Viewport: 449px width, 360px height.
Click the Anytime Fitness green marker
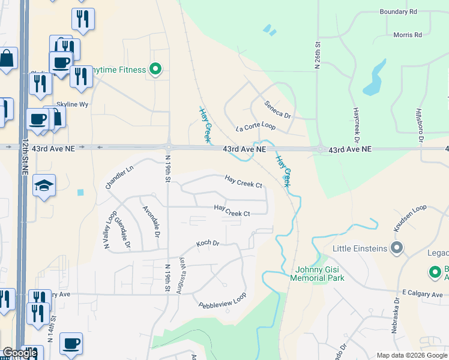(155, 70)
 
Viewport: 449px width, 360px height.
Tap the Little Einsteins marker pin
(396, 247)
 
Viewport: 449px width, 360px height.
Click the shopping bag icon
(7, 59)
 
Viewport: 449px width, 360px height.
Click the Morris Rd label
(408, 35)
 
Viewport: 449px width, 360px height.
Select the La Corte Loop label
(255, 127)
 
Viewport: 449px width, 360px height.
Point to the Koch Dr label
(208, 244)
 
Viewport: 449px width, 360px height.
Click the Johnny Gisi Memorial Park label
(317, 274)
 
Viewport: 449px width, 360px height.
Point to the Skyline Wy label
(73, 104)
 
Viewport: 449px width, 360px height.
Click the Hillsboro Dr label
(420, 125)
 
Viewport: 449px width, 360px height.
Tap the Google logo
(20, 353)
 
